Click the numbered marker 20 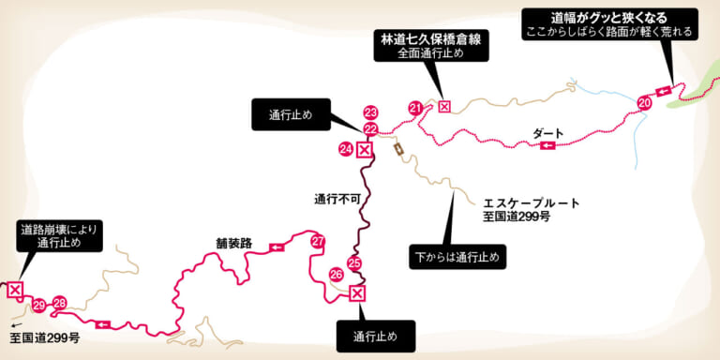[x=644, y=101]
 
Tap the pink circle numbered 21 [x=415, y=109]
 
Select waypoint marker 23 [x=370, y=112]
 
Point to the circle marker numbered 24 [x=346, y=149]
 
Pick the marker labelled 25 [x=353, y=263]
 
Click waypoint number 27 [x=318, y=242]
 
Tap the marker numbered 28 [x=60, y=303]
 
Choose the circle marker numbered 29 [x=38, y=305]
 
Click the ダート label [x=548, y=133]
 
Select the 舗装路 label [x=234, y=243]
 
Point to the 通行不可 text [x=337, y=198]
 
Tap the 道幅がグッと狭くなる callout [x=608, y=23]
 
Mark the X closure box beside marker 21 [x=444, y=106]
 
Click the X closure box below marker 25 [x=356, y=293]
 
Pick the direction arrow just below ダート [x=547, y=145]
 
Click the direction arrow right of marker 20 [x=663, y=90]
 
